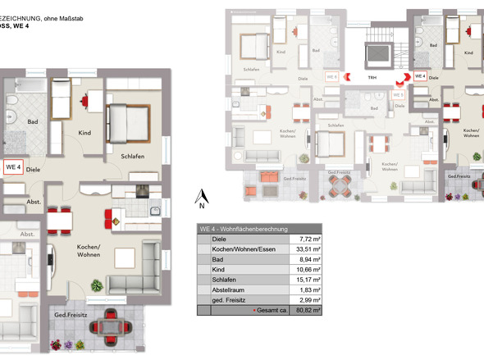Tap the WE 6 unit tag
[x=332, y=76]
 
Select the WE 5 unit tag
[x=398, y=94]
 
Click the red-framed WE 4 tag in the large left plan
[x=13, y=167]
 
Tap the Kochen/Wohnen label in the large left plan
[x=89, y=251]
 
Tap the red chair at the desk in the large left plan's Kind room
[x=85, y=101]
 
